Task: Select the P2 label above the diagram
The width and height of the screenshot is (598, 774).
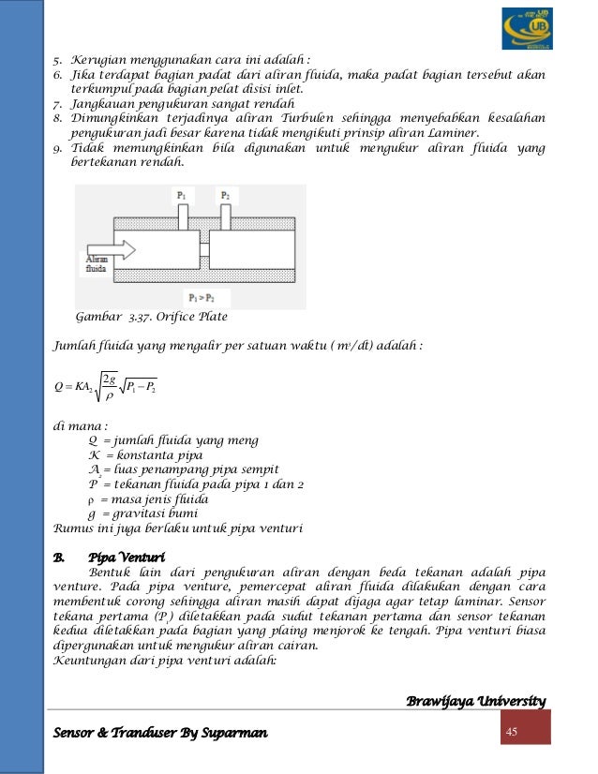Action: [225, 195]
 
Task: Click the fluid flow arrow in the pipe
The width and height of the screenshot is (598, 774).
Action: [112, 250]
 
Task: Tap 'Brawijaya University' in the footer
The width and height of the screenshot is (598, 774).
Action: [476, 701]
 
